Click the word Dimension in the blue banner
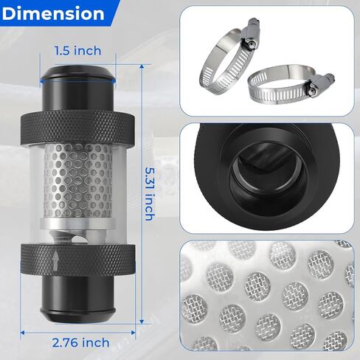[x=53, y=14]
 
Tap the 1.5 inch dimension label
[x=78, y=51]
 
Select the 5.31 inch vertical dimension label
[x=150, y=194]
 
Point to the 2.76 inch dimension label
[x=81, y=342]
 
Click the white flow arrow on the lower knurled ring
[x=56, y=260]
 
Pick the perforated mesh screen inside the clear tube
[x=78, y=181]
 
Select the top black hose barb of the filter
[x=78, y=88]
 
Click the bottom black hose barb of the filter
[x=78, y=300]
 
